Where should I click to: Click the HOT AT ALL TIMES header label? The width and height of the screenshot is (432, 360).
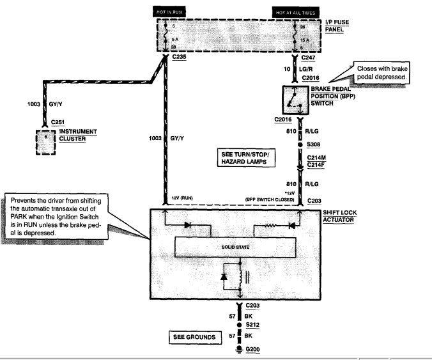(x=295, y=12)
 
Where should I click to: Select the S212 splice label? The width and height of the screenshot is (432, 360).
(x=252, y=325)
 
